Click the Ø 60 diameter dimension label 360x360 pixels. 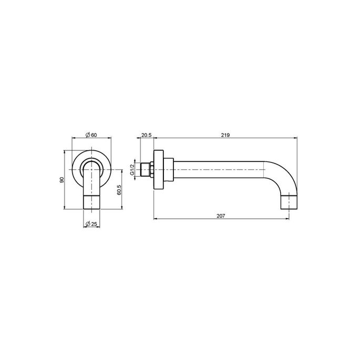click(91, 135)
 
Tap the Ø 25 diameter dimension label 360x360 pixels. click(91, 224)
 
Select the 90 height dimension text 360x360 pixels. click(61, 180)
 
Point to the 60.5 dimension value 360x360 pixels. click(119, 190)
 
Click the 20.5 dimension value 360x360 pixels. click(146, 135)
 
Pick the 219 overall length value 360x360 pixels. click(225, 135)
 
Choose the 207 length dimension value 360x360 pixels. click(221, 216)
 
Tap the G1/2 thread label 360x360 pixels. click(132, 170)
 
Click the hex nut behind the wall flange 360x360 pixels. click(152, 170)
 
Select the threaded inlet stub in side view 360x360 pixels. click(145, 170)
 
